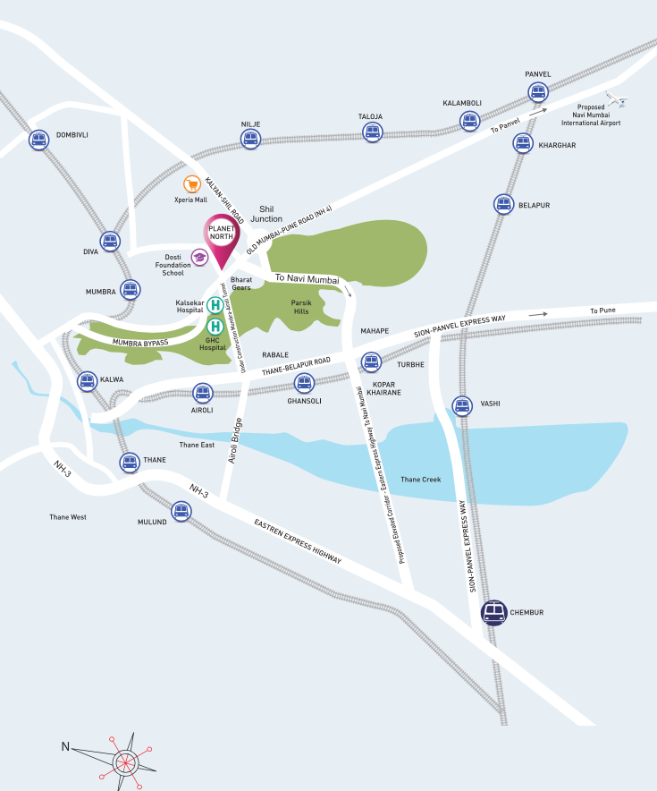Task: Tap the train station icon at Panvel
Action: (537, 91)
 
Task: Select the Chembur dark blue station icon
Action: (493, 613)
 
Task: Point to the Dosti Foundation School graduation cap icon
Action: (199, 258)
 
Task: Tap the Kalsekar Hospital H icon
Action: (215, 305)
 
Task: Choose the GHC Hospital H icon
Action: (215, 327)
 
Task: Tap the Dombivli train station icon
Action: (38, 139)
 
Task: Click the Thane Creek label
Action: (420, 480)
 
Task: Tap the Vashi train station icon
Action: (461, 405)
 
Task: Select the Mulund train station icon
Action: (181, 511)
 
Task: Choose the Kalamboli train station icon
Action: (469, 121)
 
